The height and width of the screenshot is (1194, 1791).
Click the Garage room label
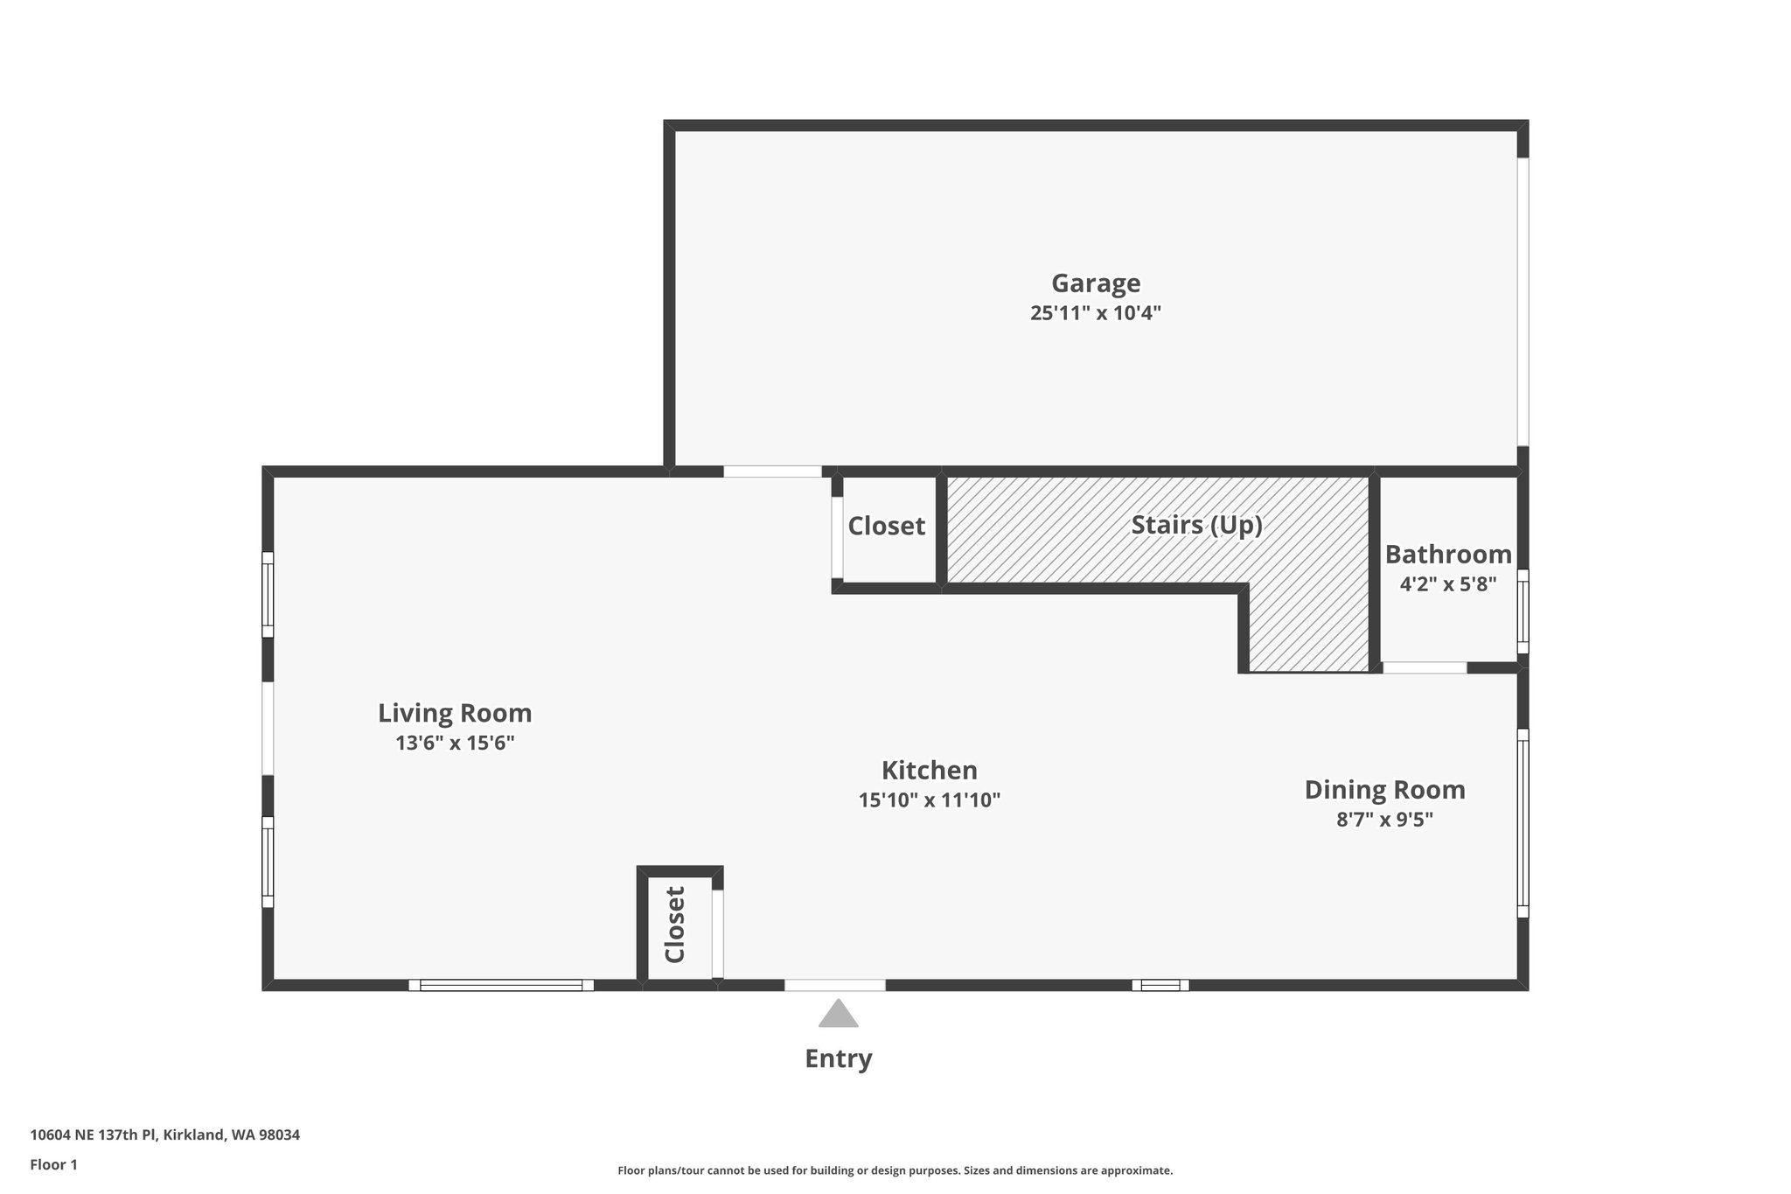(x=1095, y=283)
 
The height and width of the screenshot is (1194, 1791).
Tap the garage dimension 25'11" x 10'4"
(x=1095, y=313)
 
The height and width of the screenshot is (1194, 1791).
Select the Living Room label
(x=455, y=713)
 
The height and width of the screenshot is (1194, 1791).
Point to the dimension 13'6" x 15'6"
(x=455, y=744)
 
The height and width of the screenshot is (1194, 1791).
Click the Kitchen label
(x=929, y=771)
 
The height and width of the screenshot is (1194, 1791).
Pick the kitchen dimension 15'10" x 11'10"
(x=929, y=800)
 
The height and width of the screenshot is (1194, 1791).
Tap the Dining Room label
(x=1384, y=790)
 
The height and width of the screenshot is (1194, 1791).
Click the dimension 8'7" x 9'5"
(x=1384, y=820)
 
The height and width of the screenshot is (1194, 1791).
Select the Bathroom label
(x=1447, y=555)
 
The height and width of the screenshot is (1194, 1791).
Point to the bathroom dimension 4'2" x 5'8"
(x=1447, y=584)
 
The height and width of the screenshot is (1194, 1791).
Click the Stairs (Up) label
(x=1196, y=525)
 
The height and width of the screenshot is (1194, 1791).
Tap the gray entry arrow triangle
(x=838, y=1015)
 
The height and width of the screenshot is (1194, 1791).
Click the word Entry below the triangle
(x=838, y=1059)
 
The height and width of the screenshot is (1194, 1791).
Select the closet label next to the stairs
(x=886, y=526)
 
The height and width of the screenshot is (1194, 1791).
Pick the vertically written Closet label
(x=674, y=925)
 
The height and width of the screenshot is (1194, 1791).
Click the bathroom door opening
(x=1424, y=667)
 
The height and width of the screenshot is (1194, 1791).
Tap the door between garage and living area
(x=772, y=471)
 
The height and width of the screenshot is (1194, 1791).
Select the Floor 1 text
(x=53, y=1164)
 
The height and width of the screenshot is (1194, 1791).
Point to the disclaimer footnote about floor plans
(x=895, y=1170)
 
